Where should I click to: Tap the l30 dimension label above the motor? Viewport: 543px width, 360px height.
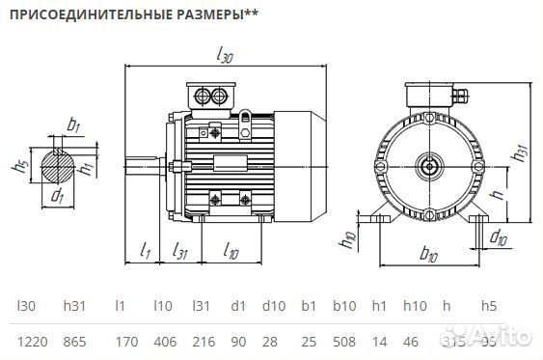pyautogui.click(x=225, y=55)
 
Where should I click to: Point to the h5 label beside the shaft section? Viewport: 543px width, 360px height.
pyautogui.click(x=19, y=166)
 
